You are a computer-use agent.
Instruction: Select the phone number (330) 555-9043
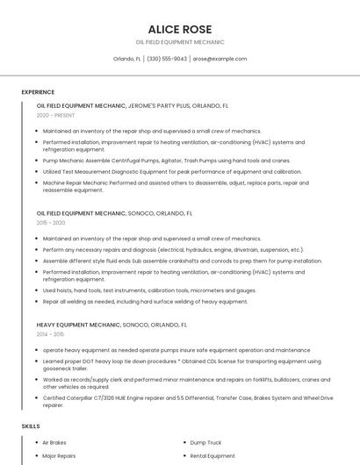pyautogui.click(x=166, y=59)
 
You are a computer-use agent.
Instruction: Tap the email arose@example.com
pyautogui.click(x=220, y=59)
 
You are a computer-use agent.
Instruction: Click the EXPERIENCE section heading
pyautogui.click(x=38, y=92)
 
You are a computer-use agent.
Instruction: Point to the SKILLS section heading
pyautogui.click(x=31, y=426)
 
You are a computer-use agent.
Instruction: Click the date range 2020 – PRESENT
pyautogui.click(x=56, y=115)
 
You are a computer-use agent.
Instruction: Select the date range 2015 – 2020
pyautogui.click(x=51, y=223)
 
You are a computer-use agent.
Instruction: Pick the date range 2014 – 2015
pyautogui.click(x=51, y=334)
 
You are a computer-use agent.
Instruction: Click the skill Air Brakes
pyautogui.click(x=54, y=443)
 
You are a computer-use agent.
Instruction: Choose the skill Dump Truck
pyautogui.click(x=205, y=443)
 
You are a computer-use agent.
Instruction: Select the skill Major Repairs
pyautogui.click(x=59, y=456)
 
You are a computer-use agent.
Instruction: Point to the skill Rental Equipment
pyautogui.click(x=212, y=456)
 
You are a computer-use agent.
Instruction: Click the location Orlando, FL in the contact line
pyautogui.click(x=127, y=59)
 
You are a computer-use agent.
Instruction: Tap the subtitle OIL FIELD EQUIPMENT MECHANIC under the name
pyautogui.click(x=179, y=42)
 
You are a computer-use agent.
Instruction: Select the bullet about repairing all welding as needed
pyautogui.click(x=145, y=301)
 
